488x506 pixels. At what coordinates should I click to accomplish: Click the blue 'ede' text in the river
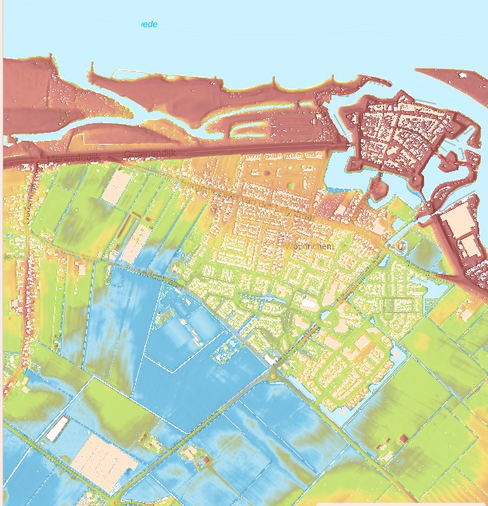(x=149, y=25)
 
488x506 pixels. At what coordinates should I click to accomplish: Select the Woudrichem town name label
(x=307, y=247)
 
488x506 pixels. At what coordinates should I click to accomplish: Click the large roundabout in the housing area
(x=327, y=318)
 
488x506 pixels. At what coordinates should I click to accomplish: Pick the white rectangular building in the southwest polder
(x=55, y=430)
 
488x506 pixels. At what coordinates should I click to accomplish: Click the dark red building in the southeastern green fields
(x=403, y=437)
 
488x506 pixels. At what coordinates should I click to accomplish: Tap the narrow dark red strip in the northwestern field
(x=123, y=228)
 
